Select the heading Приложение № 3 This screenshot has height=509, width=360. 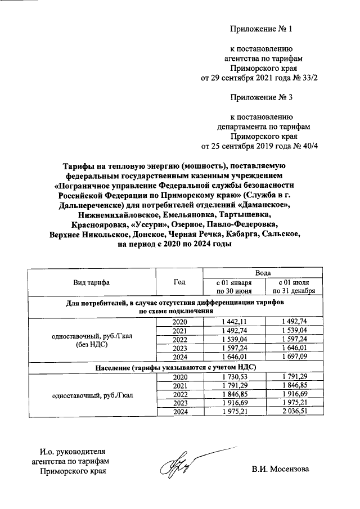coord(262,97)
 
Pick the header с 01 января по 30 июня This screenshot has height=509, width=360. coord(231,286)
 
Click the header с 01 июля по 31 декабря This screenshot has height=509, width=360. coord(295,286)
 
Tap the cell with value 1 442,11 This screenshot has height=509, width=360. coord(231,322)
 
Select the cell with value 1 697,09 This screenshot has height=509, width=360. coord(295,357)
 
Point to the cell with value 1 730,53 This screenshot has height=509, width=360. coord(231,377)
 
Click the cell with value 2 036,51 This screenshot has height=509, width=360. coord(295,412)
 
